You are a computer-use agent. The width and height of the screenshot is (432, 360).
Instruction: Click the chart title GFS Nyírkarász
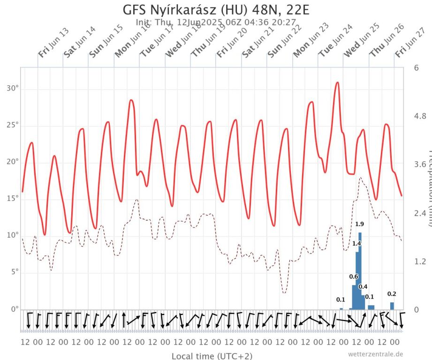[x=216, y=10]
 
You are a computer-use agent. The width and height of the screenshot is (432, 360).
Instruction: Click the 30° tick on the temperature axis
[x=11, y=89]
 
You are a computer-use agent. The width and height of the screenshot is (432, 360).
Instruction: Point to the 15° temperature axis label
[x=11, y=198]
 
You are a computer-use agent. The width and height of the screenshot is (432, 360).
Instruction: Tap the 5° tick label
[x=13, y=272]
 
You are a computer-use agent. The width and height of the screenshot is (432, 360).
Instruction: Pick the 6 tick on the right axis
[x=417, y=67]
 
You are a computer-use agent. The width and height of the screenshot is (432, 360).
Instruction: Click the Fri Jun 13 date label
[x=53, y=43]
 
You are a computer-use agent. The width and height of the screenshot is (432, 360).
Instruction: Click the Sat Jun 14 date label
[x=79, y=42]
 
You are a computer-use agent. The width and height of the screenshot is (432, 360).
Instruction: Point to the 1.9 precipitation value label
[x=360, y=224]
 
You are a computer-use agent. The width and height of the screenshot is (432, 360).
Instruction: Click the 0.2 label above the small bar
[x=392, y=294]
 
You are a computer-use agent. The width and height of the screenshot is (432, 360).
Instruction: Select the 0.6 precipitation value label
[x=354, y=277]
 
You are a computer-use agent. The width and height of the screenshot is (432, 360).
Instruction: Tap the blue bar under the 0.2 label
[x=392, y=306]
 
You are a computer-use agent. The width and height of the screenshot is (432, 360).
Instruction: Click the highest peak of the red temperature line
[x=337, y=83]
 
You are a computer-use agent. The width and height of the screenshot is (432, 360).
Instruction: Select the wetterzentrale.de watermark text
[x=375, y=354]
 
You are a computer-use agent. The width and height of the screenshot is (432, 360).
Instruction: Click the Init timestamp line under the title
[x=216, y=22]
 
